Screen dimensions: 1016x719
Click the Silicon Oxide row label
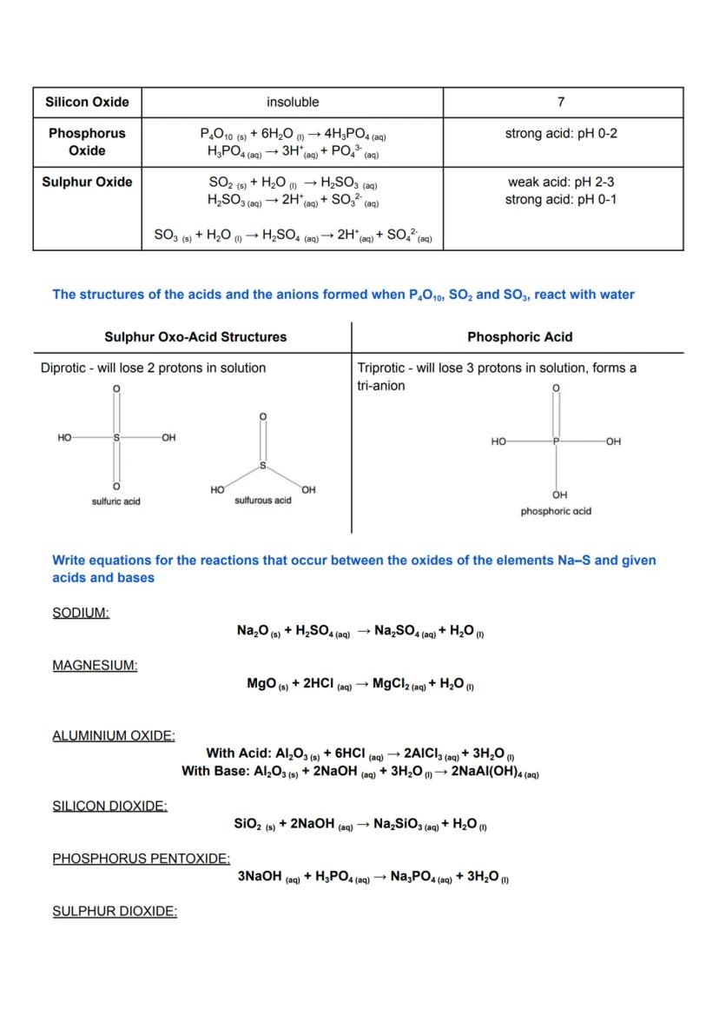87,102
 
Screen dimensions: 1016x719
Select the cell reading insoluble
293,102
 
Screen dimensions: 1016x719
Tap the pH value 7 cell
561,102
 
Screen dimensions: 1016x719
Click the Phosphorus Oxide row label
87,142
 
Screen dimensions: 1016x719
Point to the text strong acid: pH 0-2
561,133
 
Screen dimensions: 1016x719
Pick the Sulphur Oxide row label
87,182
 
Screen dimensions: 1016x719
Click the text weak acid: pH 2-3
561,182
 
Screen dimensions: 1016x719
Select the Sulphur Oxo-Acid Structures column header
195,336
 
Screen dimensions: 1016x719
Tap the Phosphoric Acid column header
520,336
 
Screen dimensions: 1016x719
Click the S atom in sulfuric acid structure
115,437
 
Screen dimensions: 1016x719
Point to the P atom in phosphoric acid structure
557,442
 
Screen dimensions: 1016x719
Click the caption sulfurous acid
263,501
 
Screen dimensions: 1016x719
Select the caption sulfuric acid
116,501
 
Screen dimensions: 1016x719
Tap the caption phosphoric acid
556,511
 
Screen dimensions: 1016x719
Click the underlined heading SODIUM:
81,613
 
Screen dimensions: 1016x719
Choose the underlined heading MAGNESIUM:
95,666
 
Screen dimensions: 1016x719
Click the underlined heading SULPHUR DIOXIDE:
115,912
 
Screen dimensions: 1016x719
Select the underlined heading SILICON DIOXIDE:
109,806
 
